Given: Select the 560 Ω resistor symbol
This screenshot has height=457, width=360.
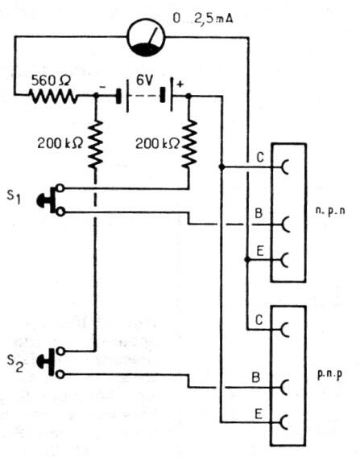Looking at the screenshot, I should click(53, 97).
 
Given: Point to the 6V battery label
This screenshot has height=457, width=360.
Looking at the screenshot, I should click(146, 80).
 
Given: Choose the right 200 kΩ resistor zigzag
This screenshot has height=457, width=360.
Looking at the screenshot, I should click(190, 144).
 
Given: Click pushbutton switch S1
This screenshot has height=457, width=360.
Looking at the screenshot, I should click(50, 200).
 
